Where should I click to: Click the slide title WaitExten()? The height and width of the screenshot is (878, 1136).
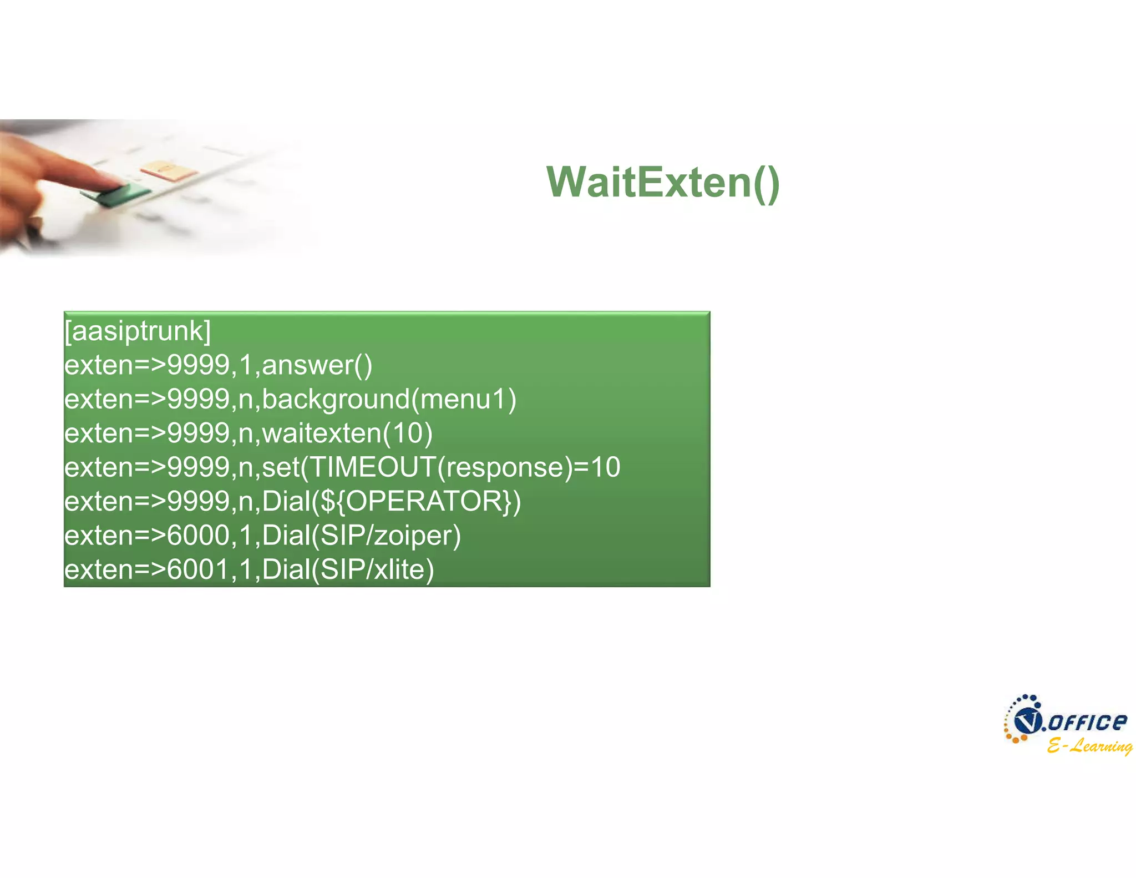click(663, 182)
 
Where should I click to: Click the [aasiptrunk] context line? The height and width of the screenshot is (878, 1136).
click(138, 331)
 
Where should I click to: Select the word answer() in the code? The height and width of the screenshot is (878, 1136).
click(317, 365)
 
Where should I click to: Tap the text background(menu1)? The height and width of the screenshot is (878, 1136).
click(389, 400)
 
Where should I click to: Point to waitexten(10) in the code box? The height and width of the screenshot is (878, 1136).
click(347, 433)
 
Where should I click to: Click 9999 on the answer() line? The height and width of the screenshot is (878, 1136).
click(198, 365)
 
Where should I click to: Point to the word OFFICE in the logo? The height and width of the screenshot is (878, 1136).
click(1087, 722)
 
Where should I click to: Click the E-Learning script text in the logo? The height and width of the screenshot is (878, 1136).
click(1089, 745)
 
